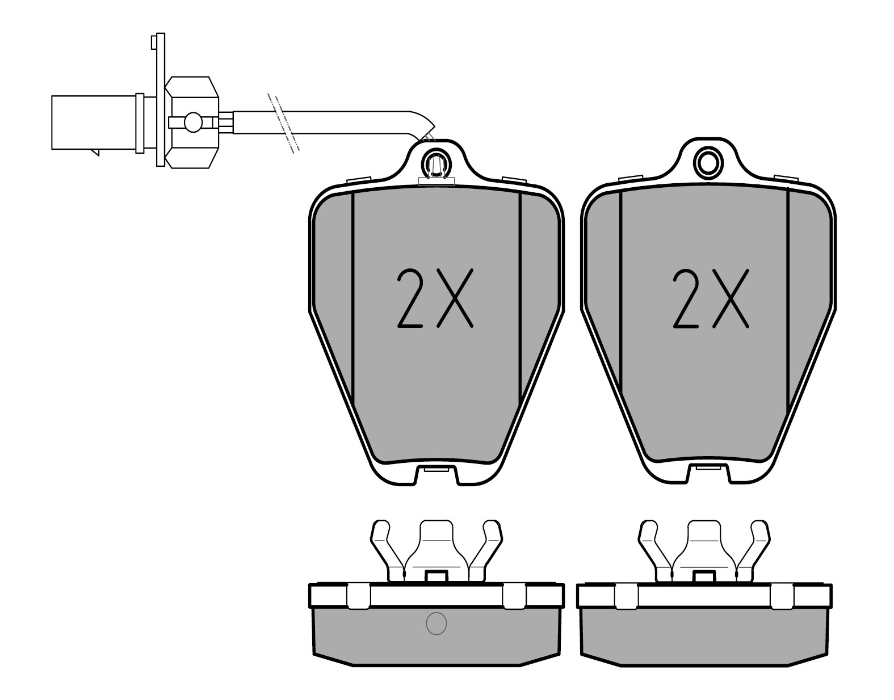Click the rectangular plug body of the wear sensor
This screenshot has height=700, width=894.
[94, 123]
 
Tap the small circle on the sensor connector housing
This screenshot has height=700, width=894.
[193, 122]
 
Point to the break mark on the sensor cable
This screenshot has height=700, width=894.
[283, 123]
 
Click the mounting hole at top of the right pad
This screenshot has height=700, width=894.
[707, 163]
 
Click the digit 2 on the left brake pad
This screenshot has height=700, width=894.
[410, 298]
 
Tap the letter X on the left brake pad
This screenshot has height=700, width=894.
[455, 298]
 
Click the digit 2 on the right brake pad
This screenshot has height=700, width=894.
[686, 298]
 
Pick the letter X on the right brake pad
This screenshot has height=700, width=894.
[731, 298]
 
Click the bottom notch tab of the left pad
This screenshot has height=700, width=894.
[436, 475]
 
